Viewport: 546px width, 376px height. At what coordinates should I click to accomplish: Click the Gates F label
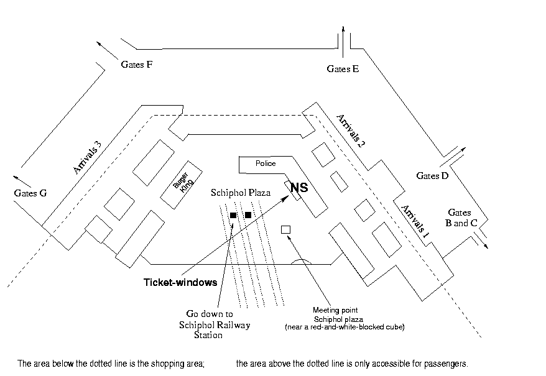point(137,65)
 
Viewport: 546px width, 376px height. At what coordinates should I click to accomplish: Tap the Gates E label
point(343,69)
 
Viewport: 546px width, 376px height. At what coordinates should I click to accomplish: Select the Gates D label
point(432,176)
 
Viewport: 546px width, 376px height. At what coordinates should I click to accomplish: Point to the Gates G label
point(30,193)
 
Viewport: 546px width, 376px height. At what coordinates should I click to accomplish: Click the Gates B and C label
point(461,218)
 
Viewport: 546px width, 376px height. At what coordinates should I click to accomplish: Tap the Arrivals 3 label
point(87,157)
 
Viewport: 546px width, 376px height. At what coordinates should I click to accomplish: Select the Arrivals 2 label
point(350,131)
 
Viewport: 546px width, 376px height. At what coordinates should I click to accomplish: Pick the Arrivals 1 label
point(415,221)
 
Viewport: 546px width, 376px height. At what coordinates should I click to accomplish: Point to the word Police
point(266,163)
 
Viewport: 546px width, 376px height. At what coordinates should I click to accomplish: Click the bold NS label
point(299,188)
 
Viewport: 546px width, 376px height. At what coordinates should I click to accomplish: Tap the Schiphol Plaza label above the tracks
point(241,193)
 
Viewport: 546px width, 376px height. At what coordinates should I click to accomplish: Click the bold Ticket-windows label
point(180,282)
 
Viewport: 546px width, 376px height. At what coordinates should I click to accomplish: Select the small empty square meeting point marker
point(285,229)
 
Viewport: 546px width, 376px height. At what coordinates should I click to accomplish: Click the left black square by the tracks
point(233,215)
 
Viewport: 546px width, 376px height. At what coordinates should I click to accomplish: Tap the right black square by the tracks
point(248,215)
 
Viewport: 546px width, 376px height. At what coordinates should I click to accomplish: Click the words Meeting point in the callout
point(335,310)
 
